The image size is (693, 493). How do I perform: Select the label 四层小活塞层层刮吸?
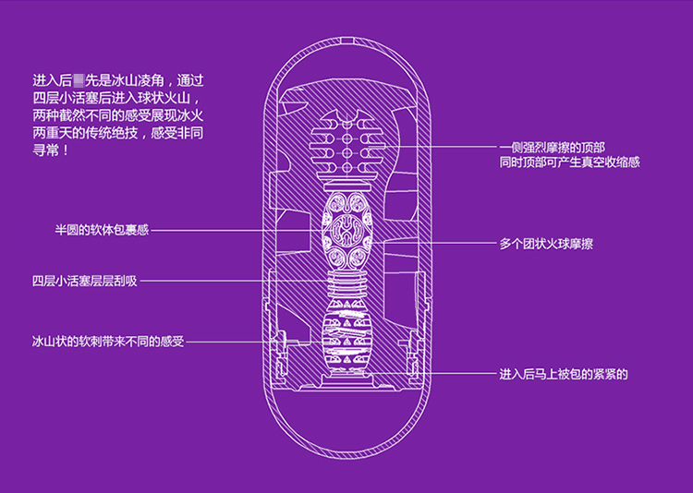coord(84,281)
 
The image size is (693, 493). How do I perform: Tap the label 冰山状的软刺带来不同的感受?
coord(107,342)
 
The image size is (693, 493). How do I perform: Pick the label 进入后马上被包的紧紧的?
coord(564,374)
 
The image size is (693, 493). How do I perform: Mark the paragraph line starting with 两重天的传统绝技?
coord(116,131)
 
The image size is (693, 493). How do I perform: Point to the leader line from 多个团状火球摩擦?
coord(434,244)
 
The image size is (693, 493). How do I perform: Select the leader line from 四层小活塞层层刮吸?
coord(231,281)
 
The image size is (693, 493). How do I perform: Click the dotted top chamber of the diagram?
coord(347,147)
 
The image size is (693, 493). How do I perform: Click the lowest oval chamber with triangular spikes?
coord(347,343)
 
